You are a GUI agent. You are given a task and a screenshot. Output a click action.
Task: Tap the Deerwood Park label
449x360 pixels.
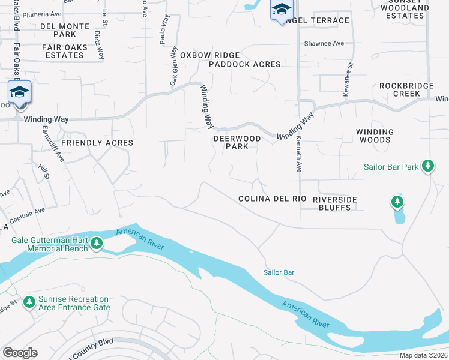click(238, 142)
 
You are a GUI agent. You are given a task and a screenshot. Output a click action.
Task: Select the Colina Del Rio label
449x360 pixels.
click(272, 199)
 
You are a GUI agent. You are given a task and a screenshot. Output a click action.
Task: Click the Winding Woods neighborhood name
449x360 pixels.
click(375, 136)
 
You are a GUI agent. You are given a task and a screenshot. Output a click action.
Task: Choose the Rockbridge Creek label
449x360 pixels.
click(406, 89)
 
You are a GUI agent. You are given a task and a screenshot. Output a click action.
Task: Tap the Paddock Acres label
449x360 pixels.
click(244, 64)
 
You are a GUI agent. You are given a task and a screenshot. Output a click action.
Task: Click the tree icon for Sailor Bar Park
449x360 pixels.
click(427, 165)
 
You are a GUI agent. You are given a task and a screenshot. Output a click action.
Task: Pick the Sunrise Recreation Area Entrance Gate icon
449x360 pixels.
click(29, 302)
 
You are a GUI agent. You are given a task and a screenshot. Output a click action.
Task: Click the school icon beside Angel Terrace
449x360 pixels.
click(281, 10)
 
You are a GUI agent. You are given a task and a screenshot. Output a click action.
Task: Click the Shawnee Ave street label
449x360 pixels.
click(324, 43)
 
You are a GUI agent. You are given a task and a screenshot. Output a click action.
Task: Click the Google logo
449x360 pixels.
click(20, 352)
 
